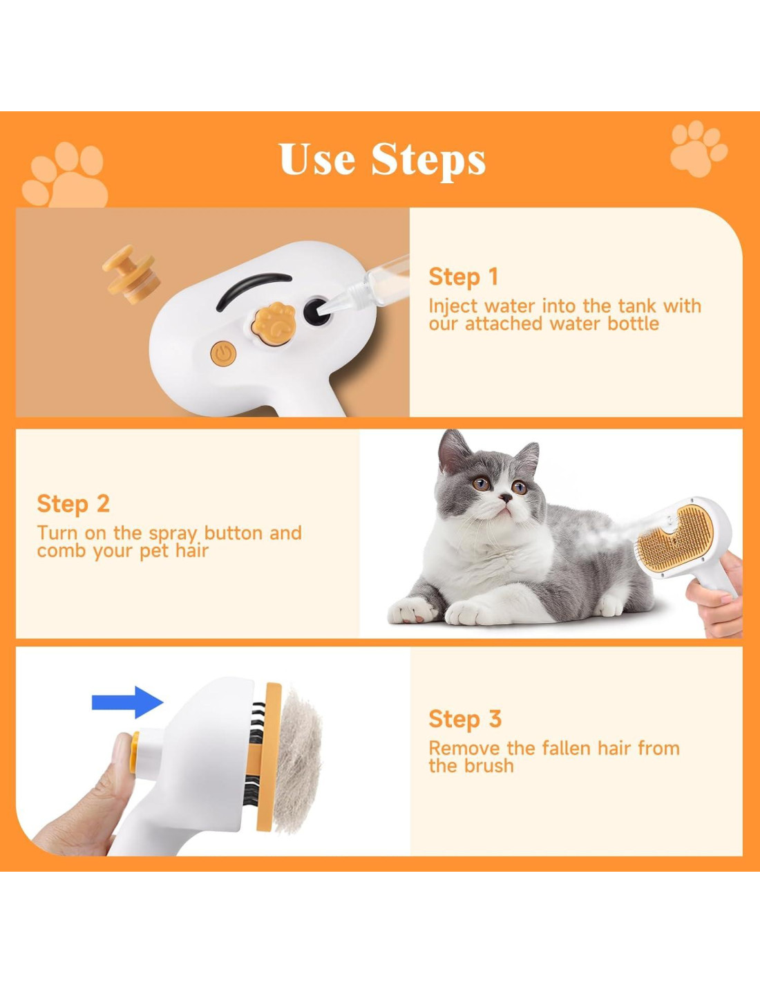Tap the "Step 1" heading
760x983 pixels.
click(463, 277)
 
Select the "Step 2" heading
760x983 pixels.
click(73, 503)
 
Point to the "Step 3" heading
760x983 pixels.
click(465, 718)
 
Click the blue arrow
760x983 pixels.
click(128, 702)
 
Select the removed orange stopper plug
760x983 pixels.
click(131, 274)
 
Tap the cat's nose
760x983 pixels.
click(506, 498)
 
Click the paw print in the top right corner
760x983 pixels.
click(699, 149)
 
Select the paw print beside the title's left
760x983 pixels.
click(65, 175)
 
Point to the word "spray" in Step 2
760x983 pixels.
click(173, 534)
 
